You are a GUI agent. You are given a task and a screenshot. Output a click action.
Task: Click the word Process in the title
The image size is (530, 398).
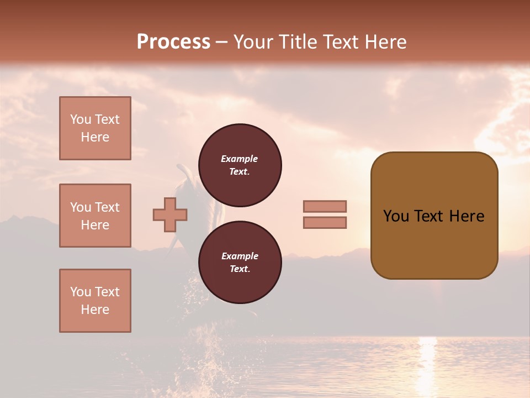pos(173,42)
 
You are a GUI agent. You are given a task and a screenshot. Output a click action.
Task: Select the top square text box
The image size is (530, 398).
pos(95,128)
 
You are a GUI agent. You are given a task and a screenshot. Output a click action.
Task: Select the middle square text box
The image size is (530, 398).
pos(95,216)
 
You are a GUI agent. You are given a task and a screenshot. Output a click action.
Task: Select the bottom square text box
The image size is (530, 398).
pos(95,301)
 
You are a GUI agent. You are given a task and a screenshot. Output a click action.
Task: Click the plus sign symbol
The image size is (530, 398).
pos(170,214)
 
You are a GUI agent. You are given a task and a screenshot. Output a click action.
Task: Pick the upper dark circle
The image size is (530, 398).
pos(240,165)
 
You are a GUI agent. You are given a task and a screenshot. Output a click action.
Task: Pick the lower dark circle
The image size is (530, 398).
pos(240,263)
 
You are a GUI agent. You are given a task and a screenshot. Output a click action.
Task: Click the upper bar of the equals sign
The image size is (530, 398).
pos(325,206)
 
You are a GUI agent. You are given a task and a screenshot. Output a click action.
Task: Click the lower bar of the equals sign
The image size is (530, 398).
pos(325,222)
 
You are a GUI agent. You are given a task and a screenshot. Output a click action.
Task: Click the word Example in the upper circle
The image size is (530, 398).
pos(240,159)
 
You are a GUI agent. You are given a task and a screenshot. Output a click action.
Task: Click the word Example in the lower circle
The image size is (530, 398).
pos(240,256)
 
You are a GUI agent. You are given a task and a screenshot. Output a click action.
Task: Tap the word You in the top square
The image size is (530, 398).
pos(80,119)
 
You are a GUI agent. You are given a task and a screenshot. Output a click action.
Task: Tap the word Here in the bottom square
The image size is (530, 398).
pos(95,310)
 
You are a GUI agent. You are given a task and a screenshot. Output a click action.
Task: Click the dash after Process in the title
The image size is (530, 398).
pos(221,43)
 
